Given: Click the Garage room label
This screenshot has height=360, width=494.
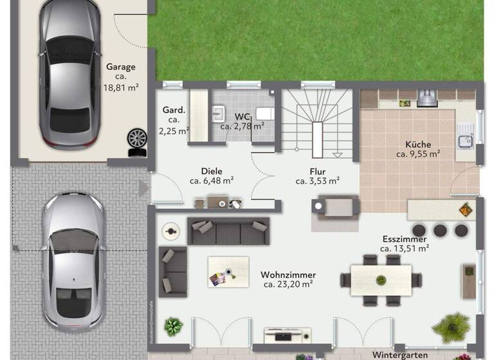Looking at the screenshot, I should pos(121,66).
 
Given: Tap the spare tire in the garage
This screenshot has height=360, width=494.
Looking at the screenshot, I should pos(136,138).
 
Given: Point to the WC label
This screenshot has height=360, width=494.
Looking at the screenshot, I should pos(242,116).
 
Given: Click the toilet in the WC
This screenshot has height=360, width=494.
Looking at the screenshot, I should pos(264,114).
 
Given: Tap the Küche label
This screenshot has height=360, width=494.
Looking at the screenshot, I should pos(418,145).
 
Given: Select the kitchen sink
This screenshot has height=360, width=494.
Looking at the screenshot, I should pos(465,141).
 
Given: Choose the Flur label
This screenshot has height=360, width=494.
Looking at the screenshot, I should pos(318,172).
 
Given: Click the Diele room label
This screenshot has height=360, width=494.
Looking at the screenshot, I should pos(212,172).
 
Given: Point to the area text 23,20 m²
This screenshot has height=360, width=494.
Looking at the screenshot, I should pos(287,283).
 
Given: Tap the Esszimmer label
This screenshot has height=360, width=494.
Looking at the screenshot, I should pos(404,239).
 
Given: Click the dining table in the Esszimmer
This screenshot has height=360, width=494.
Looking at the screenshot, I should pos(381,280).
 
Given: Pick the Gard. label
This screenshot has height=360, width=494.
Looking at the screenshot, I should pos(174,110).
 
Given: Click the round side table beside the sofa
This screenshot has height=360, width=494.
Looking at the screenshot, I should pos(170,230).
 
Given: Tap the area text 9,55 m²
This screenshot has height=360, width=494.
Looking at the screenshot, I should pos(418,154).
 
